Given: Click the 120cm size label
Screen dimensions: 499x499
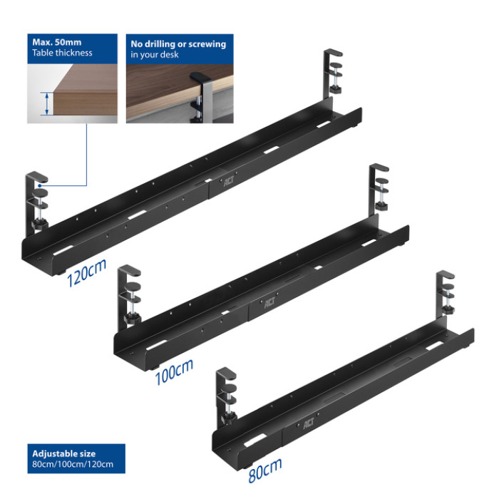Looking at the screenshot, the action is tap(86, 273).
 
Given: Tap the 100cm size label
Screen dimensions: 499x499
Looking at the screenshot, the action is tap(174, 371).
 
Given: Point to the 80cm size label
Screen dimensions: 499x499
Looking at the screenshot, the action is tap(265, 470).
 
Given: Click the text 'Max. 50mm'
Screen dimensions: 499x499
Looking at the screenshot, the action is tap(56, 42).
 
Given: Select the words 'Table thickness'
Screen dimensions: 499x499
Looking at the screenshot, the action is tap(62, 53).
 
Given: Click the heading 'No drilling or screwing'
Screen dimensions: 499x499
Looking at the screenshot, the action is tap(178, 44).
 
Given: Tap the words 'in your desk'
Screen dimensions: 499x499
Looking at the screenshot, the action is tap(155, 55).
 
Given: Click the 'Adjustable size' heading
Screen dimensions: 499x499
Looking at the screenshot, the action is tap(63, 453).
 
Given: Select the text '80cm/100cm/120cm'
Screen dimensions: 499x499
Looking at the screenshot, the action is tap(73, 464).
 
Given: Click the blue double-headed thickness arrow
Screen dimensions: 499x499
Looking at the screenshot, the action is tap(47, 103).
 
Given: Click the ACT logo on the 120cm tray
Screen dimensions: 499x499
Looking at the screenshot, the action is tap(229, 181).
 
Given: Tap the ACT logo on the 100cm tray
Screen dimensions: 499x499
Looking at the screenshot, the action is tap(269, 304).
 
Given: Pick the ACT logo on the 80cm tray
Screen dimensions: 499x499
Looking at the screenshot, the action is tap(308, 423).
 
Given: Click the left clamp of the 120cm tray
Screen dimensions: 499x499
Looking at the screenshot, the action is tap(36, 202).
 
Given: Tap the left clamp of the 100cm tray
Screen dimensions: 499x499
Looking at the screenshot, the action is tap(129, 297).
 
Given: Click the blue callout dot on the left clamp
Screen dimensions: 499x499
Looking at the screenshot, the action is tap(40, 185).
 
